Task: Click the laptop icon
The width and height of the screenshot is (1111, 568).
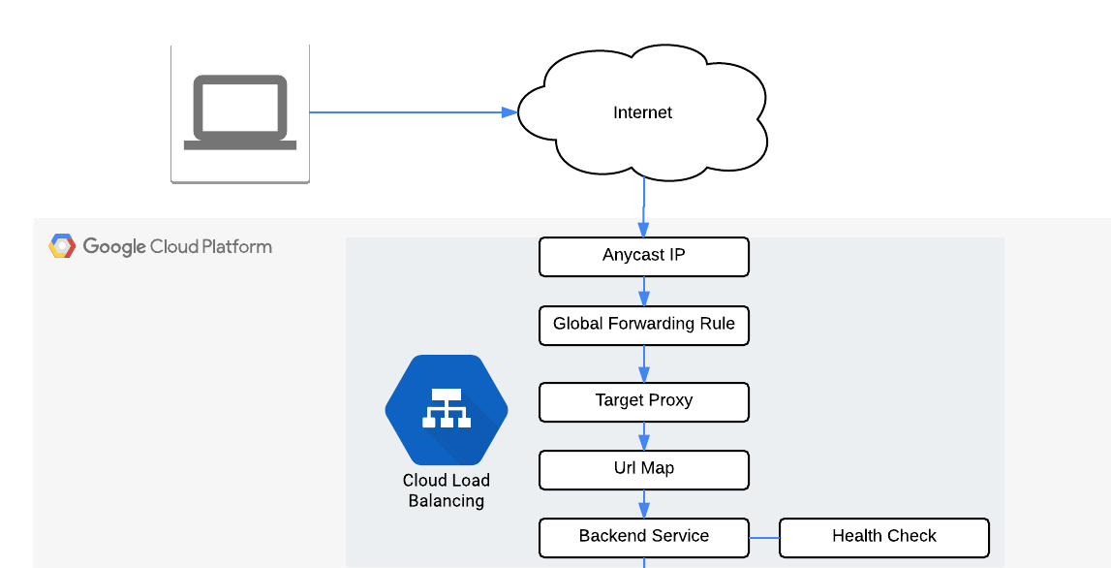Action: pyautogui.click(x=240, y=112)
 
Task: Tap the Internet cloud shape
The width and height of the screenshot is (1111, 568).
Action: pyautogui.click(x=642, y=112)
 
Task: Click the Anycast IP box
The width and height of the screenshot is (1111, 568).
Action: pyautogui.click(x=644, y=257)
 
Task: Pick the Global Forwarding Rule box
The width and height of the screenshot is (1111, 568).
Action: pyautogui.click(x=644, y=325)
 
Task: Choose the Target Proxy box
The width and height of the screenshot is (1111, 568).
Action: pyautogui.click(x=644, y=401)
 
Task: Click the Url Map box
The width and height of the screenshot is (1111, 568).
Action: pyautogui.click(x=644, y=469)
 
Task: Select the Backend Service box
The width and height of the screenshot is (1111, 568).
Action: pyautogui.click(x=644, y=537)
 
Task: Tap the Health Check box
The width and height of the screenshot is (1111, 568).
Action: pyautogui.click(x=883, y=537)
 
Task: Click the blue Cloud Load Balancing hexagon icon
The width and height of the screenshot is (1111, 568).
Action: pyautogui.click(x=447, y=411)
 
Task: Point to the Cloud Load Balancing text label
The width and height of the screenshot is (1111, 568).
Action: pyautogui.click(x=447, y=490)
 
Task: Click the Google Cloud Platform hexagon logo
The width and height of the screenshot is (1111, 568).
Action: pyautogui.click(x=62, y=246)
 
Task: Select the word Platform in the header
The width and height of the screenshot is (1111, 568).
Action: pyautogui.click(x=237, y=246)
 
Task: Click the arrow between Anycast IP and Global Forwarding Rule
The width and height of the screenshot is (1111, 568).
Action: pyautogui.click(x=644, y=291)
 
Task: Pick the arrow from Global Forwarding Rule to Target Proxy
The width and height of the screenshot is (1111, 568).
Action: pyautogui.click(x=644, y=363)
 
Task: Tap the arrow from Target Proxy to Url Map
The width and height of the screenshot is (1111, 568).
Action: pyautogui.click(x=644, y=435)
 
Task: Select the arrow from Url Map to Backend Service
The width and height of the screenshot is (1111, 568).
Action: pyautogui.click(x=644, y=503)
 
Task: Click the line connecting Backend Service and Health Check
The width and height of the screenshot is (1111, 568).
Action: pyautogui.click(x=764, y=537)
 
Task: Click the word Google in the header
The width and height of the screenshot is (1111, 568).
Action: pyautogui.click(x=113, y=246)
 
